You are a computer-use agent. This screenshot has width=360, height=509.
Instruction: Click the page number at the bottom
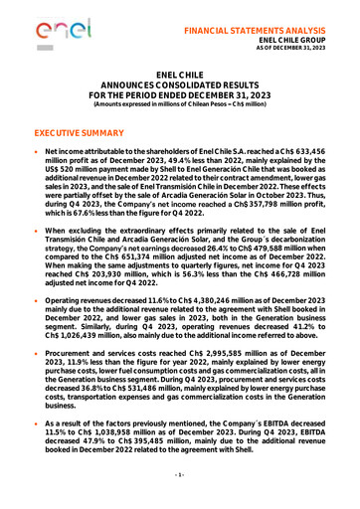click(x=180, y=492)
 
